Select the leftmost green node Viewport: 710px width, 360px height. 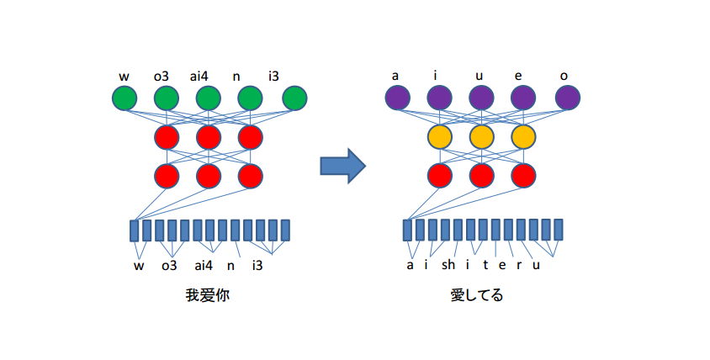click(x=124, y=98)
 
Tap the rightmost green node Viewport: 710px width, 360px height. click(x=294, y=98)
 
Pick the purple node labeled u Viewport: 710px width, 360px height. click(x=480, y=98)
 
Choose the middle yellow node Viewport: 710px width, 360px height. click(x=480, y=136)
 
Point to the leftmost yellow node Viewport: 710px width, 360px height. click(x=438, y=136)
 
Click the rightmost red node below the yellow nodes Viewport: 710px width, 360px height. click(x=523, y=175)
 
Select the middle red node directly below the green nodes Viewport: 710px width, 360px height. click(x=209, y=136)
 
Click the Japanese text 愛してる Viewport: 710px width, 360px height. click(x=477, y=295)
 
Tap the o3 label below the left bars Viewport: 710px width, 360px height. click(x=168, y=266)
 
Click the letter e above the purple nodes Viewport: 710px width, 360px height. click(x=517, y=77)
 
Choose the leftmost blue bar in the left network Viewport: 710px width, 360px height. click(x=135, y=230)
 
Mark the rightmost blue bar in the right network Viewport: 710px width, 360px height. click(x=559, y=230)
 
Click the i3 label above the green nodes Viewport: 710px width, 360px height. click(x=274, y=77)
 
